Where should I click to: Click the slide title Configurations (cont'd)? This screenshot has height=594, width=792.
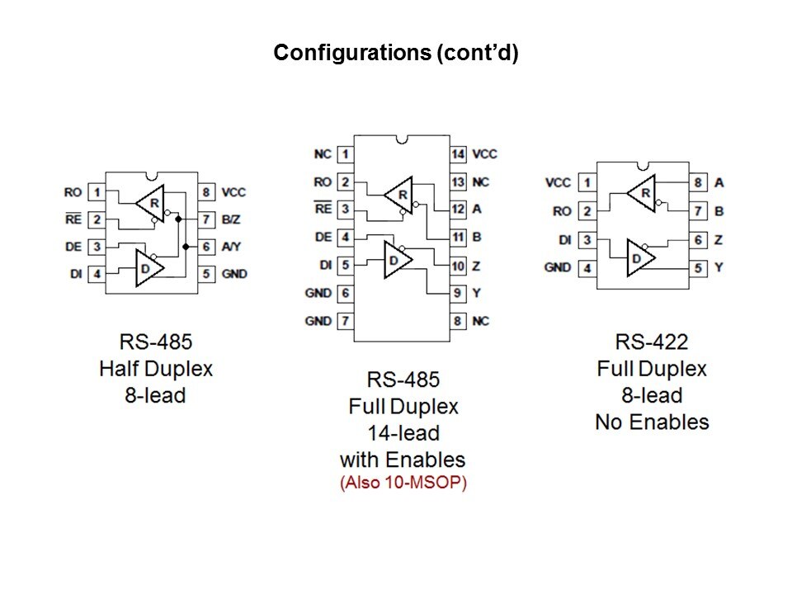coord(395,54)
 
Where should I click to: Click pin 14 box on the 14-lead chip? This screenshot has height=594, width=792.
coord(459,154)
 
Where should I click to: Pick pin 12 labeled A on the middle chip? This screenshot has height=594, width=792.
coord(459,210)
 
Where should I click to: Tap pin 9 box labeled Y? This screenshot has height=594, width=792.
coord(459,293)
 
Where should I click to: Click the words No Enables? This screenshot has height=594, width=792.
coord(652,422)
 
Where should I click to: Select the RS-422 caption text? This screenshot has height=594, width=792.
coord(652,342)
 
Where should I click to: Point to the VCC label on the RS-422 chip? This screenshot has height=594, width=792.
coord(559,183)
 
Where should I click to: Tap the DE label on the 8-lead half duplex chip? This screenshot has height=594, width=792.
coord(73,247)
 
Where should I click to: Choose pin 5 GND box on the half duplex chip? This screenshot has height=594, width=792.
coord(206,274)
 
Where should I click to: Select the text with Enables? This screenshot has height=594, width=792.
coord(403,460)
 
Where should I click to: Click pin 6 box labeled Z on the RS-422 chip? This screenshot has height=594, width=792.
coord(698,239)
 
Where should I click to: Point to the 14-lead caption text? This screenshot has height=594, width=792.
coord(403,432)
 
